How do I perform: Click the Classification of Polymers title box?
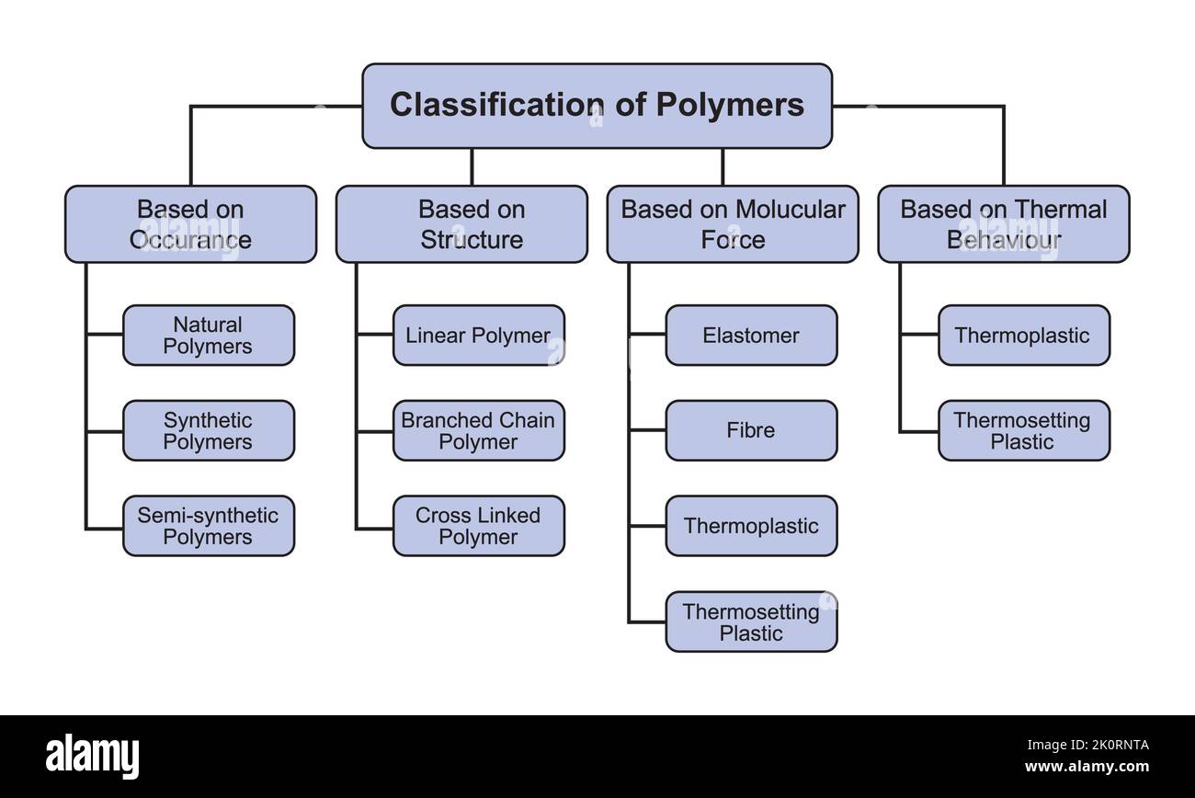point(597,106)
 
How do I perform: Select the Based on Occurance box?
point(190,224)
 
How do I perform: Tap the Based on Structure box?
point(461,224)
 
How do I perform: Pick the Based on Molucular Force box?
point(733,224)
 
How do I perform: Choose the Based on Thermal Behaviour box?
point(1003,224)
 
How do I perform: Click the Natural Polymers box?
point(209,336)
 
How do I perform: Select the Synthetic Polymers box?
point(209,430)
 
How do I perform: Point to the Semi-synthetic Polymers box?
point(209,526)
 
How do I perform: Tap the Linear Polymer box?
point(479,336)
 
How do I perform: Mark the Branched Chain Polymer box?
point(479,430)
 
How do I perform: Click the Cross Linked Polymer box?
point(479,526)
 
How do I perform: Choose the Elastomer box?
point(751,336)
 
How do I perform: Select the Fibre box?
point(751,430)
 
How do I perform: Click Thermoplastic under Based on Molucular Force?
point(751,526)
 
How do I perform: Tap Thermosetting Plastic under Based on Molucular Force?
point(751,622)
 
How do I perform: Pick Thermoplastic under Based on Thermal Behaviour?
point(1023,336)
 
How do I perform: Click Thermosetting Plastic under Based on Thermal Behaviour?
point(1023,430)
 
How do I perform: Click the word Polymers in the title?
point(730,105)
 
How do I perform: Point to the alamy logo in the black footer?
point(93,756)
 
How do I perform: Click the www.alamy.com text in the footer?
point(1086,767)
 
